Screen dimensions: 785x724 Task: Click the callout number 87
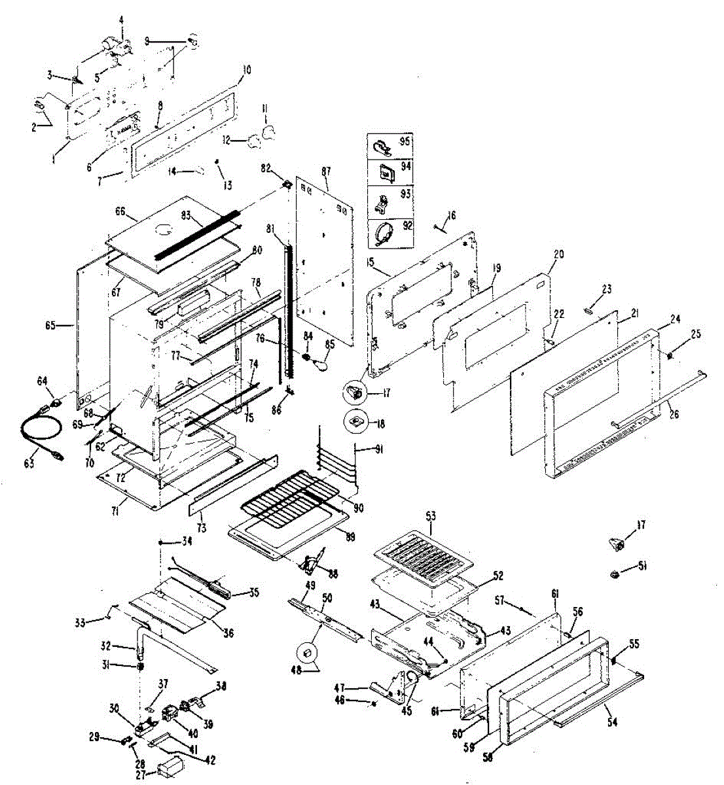(x=326, y=171)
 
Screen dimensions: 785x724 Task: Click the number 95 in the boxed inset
(x=405, y=142)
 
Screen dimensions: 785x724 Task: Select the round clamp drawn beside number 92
(x=385, y=233)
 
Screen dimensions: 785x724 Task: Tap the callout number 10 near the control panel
(x=246, y=69)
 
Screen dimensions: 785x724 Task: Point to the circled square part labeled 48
(x=307, y=653)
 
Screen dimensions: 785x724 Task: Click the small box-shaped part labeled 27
(x=172, y=768)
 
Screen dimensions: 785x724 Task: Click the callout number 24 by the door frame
(x=676, y=320)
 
